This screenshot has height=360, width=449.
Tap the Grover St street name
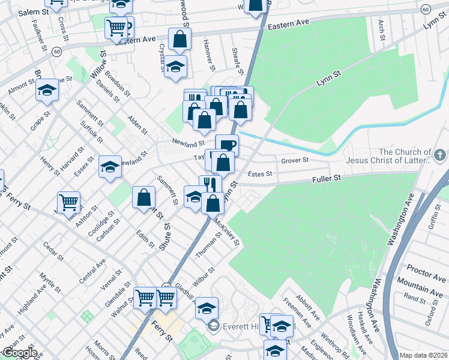coord(295,161)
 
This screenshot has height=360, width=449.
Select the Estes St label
coord(260,174)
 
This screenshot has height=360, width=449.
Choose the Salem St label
coord(33,12)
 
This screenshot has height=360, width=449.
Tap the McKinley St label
coord(228,232)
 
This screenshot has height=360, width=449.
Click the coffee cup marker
coord(227,144)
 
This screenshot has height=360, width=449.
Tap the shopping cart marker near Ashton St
coord(68,201)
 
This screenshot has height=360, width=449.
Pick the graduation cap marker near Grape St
coord(46,91)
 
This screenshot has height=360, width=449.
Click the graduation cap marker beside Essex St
coord(110,167)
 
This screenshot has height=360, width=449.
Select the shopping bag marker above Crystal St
coord(179,39)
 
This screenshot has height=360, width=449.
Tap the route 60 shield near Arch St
coord(426,9)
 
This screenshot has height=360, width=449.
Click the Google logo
coord(20,353)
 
